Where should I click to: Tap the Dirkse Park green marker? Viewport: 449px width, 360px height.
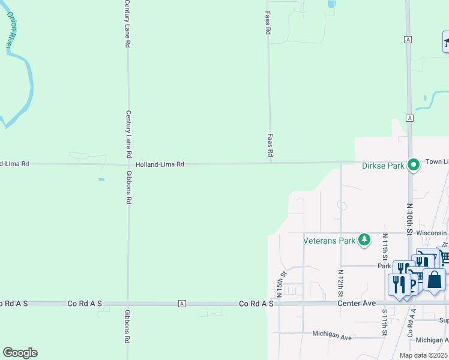click(413, 164)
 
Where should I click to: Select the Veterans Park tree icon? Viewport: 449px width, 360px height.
click(364, 240)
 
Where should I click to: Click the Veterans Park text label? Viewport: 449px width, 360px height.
click(329, 241)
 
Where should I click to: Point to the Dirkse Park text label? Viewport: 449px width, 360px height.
click(384, 166)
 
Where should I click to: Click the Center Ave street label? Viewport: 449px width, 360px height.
click(357, 304)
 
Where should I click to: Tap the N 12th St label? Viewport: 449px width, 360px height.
click(340, 284)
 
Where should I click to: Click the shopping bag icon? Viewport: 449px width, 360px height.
click(434, 280)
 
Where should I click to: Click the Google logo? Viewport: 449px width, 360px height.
click(20, 353)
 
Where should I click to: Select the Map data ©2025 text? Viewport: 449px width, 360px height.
click(423, 355)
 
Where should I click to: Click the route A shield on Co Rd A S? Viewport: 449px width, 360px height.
click(181, 304)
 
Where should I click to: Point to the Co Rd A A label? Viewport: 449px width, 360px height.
click(412, 324)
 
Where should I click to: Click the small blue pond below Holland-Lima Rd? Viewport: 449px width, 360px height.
click(101, 179)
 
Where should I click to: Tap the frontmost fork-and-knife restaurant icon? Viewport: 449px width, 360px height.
click(398, 283)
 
